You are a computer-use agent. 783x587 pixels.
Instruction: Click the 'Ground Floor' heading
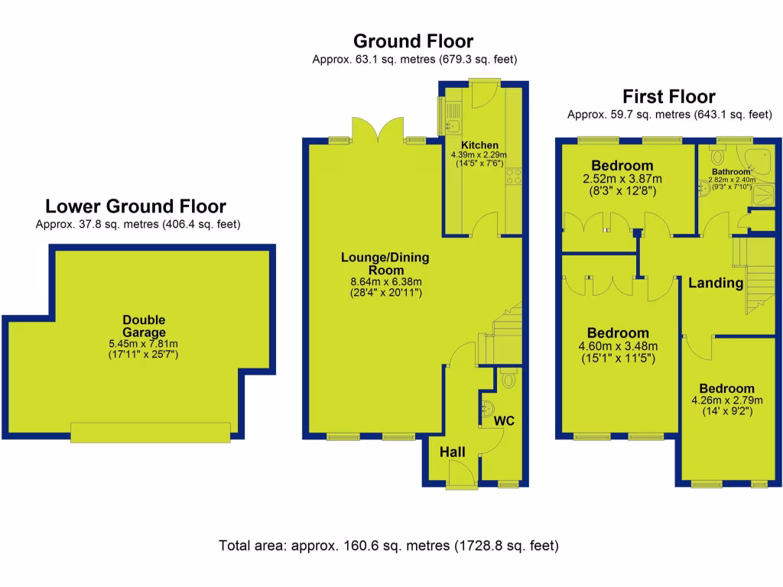click(x=413, y=41)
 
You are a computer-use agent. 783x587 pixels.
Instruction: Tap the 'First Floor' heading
click(x=668, y=96)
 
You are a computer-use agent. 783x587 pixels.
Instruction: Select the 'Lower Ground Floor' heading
click(x=135, y=206)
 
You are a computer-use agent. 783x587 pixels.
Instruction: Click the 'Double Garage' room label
click(x=144, y=326)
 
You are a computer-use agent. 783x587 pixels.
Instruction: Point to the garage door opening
click(x=150, y=433)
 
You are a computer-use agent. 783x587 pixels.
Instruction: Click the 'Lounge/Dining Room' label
click(x=385, y=264)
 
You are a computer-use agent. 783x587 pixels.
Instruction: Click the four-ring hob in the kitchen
click(x=514, y=177)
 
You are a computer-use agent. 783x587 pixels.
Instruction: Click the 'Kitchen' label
click(x=479, y=145)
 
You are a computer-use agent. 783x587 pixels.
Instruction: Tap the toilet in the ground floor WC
click(x=508, y=378)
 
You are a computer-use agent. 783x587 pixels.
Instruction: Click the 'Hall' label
click(x=452, y=452)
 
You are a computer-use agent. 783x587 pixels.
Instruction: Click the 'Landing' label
click(x=716, y=283)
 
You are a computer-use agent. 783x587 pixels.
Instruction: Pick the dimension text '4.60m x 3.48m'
click(x=618, y=346)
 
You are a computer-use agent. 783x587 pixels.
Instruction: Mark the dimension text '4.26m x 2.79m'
click(x=726, y=400)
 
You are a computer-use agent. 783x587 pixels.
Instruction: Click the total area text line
click(x=388, y=546)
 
